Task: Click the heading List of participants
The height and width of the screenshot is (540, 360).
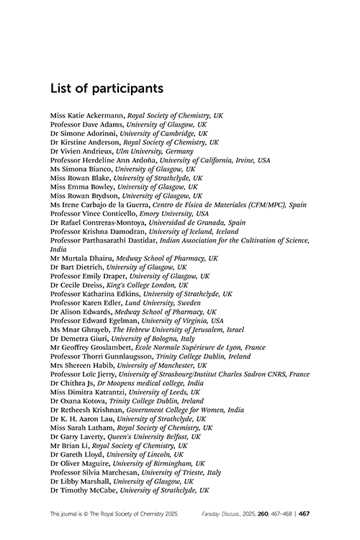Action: [x=107, y=89]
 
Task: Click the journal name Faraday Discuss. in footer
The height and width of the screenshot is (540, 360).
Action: [x=220, y=516]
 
